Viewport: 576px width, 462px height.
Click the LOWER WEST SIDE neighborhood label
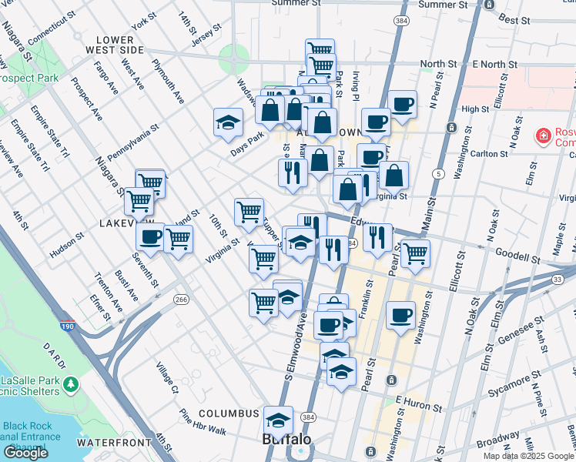click(x=120, y=45)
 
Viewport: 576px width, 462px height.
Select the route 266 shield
click(x=181, y=300)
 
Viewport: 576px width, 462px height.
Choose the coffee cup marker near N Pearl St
click(x=401, y=105)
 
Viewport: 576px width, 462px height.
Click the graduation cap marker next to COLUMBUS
click(x=278, y=420)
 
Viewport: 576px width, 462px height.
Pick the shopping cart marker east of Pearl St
click(x=415, y=253)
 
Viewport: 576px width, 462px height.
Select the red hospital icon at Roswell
click(x=543, y=136)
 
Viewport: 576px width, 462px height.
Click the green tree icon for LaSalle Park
click(x=71, y=383)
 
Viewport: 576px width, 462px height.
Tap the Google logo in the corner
click(x=25, y=453)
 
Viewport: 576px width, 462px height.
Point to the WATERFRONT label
click(x=114, y=443)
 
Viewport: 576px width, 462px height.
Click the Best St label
click(x=513, y=18)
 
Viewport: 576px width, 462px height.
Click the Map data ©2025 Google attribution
click(x=527, y=456)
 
